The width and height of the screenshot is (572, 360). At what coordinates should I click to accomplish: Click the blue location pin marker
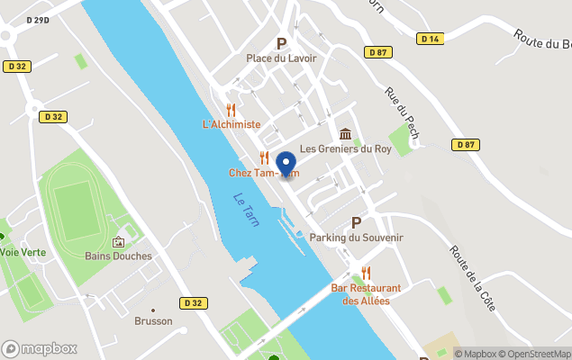tap(286, 164)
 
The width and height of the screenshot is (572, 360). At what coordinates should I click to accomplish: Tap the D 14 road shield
tap(430, 39)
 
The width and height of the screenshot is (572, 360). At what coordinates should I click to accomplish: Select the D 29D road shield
tap(38, 19)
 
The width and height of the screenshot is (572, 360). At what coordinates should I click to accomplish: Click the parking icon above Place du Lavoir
tap(281, 43)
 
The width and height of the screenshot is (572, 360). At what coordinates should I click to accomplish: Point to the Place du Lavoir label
tap(282, 58)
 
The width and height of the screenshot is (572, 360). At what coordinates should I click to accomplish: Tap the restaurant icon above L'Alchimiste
tap(231, 108)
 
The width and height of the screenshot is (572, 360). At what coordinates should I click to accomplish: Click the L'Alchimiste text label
tap(232, 124)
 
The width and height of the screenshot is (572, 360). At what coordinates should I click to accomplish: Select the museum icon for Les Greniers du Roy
tap(346, 133)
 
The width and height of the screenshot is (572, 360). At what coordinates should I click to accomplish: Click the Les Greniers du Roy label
tap(347, 148)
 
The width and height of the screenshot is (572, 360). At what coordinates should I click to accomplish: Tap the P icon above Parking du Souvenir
tap(356, 221)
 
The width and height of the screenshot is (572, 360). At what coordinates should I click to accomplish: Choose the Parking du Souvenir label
tap(356, 237)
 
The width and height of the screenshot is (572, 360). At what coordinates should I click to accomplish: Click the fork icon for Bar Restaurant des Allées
tap(366, 272)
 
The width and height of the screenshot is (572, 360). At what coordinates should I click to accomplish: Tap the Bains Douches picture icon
tap(118, 241)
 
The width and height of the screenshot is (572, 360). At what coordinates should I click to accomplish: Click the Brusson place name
tap(153, 320)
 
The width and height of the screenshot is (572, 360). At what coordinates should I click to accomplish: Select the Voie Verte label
tap(22, 253)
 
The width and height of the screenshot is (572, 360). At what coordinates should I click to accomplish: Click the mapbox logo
tap(40, 348)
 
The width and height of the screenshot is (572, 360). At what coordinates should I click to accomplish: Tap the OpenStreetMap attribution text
tap(537, 354)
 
